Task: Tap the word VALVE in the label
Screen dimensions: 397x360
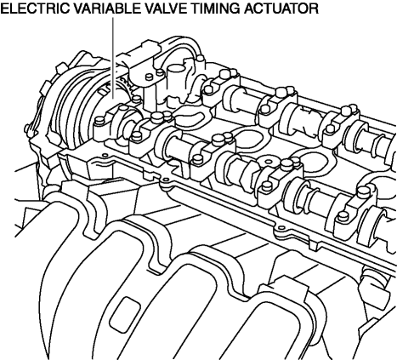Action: pos(164,9)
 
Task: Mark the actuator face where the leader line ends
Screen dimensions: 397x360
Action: pos(113,99)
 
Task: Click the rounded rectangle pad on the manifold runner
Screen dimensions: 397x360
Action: pos(125,315)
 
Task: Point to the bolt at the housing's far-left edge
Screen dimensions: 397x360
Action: pos(27,129)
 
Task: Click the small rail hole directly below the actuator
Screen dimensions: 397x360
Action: pos(105,155)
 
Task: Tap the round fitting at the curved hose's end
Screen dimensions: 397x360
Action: pos(201,59)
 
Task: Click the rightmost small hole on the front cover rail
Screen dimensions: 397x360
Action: pos(281,228)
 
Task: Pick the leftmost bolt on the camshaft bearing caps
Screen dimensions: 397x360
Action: pos(99,121)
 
